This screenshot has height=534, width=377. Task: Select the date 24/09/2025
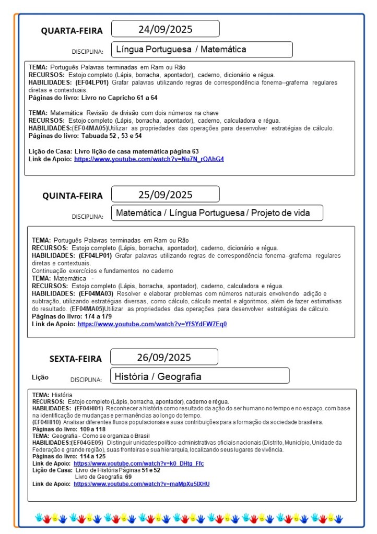point(165,29)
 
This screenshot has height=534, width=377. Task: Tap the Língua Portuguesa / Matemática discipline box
point(202,50)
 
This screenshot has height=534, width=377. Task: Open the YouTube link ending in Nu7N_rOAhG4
point(149,159)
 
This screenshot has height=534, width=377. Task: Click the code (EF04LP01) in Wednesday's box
point(92,82)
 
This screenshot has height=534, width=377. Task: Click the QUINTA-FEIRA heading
point(73,196)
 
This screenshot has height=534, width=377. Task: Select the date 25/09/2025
point(165,195)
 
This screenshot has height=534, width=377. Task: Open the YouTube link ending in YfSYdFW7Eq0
point(152,324)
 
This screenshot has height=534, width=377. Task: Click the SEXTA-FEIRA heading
point(76,359)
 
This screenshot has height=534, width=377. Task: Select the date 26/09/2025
point(164,358)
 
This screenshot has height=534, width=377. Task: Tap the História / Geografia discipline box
point(200,376)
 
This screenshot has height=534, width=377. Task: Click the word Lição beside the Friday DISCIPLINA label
point(40,377)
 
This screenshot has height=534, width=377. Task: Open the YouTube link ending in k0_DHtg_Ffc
point(138,464)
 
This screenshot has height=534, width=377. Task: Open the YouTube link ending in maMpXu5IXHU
point(142,484)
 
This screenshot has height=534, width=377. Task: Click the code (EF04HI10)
point(47,422)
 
